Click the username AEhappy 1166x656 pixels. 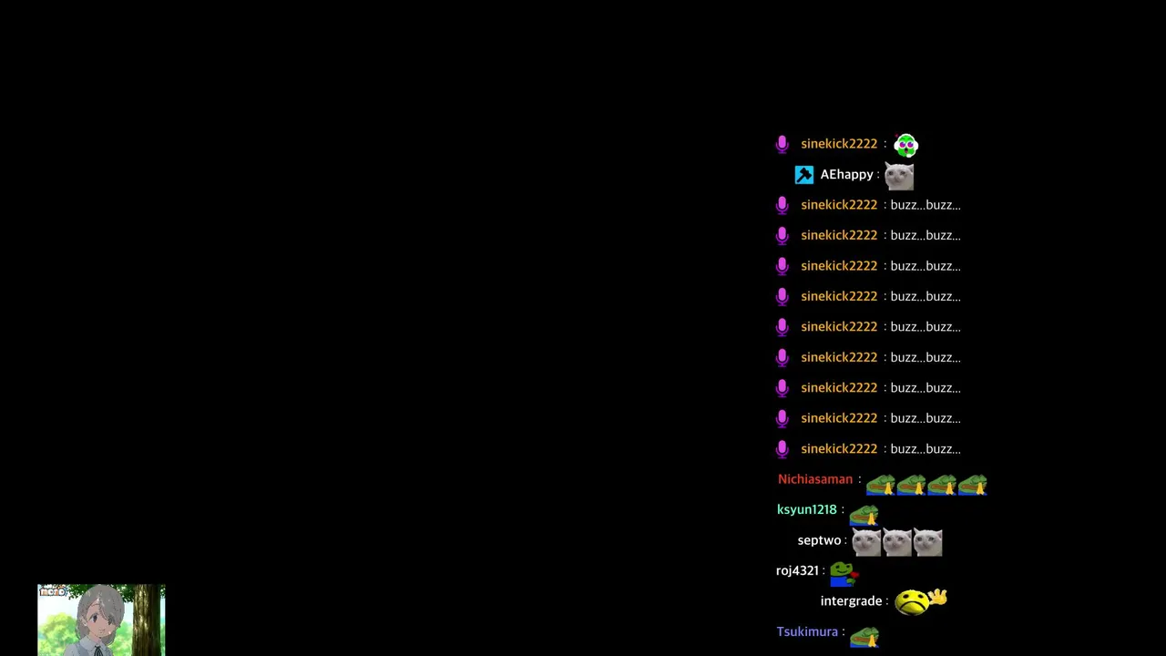click(846, 174)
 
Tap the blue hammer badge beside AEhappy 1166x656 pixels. click(804, 175)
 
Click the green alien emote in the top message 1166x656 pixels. click(905, 145)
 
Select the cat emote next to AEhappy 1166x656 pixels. click(899, 176)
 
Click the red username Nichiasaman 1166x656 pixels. click(815, 479)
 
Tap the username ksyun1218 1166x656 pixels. click(807, 509)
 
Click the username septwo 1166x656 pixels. click(819, 540)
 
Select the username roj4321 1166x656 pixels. click(797, 570)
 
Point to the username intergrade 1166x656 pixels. click(851, 601)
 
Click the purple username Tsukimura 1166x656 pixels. click(807, 631)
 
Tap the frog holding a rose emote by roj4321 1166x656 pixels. click(844, 574)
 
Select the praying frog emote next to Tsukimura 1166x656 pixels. click(864, 637)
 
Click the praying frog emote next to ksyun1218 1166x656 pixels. click(864, 516)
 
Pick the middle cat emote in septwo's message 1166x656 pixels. click(897, 542)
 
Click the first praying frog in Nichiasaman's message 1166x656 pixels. click(881, 485)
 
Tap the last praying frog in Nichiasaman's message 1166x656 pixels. click(972, 485)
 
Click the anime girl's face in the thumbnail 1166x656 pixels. click(101, 619)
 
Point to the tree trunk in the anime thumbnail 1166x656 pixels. click(148, 620)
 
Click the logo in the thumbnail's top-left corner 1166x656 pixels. click(53, 591)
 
